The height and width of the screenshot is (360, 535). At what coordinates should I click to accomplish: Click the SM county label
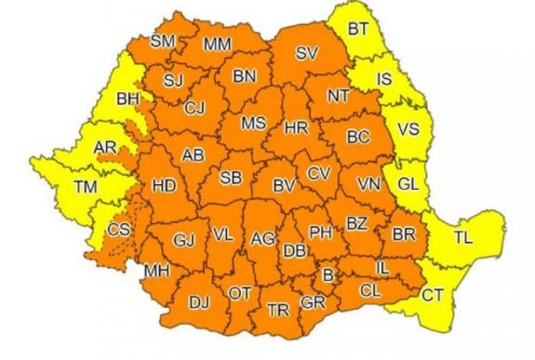(163, 40)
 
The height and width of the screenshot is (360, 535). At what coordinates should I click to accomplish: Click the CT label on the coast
(433, 296)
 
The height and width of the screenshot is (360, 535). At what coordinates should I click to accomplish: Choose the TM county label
(86, 188)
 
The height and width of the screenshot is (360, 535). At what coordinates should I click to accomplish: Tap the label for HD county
(164, 186)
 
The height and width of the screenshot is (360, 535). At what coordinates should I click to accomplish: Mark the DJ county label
(199, 300)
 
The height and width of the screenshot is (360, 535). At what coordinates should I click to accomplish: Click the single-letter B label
(327, 273)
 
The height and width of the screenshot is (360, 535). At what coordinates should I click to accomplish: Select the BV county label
(284, 186)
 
